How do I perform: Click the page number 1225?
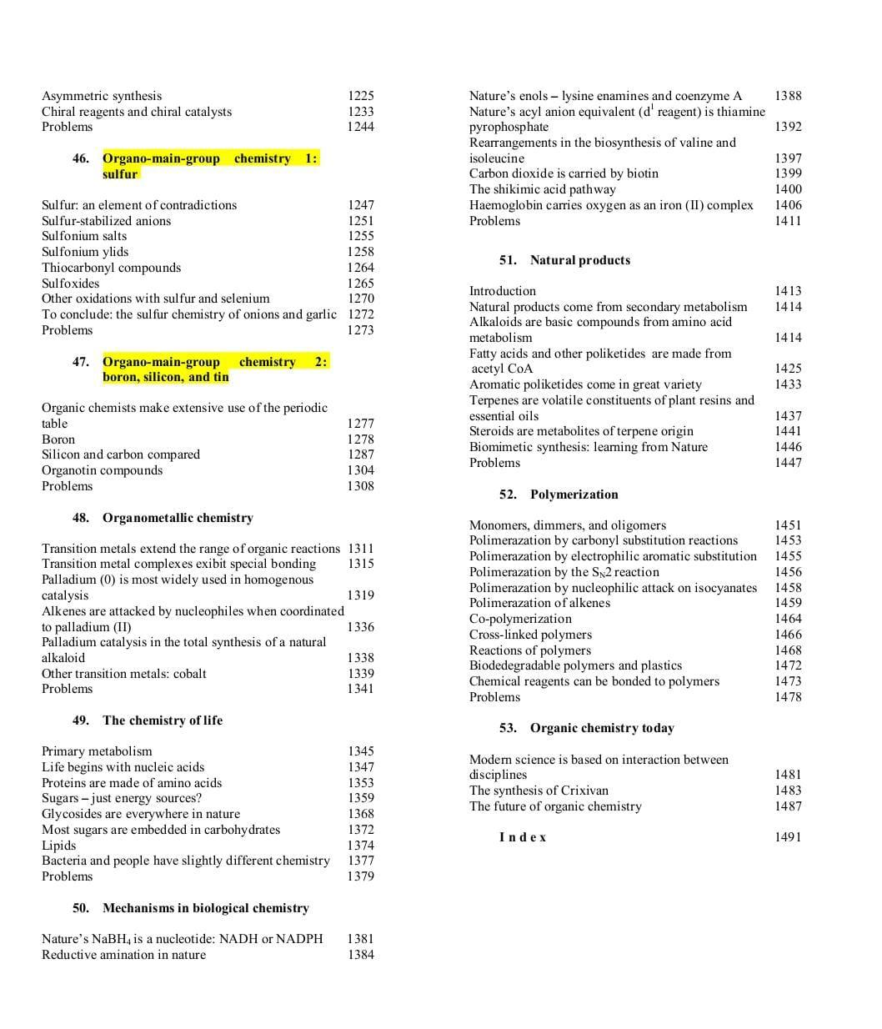point(360,96)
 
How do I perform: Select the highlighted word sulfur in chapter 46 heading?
point(120,174)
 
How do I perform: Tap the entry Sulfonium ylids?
point(85,252)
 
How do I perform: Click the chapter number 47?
point(81,362)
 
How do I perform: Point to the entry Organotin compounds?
point(102,470)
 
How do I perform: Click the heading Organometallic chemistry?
point(178,518)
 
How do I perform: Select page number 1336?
point(360,627)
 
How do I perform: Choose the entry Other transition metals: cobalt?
point(123,674)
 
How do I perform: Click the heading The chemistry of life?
point(163,720)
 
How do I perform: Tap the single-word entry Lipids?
point(58,846)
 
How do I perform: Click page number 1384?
point(360,955)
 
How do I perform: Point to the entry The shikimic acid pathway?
point(542,189)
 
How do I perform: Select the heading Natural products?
point(579,260)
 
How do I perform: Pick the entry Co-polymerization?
point(520,619)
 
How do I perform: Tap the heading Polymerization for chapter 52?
point(574,494)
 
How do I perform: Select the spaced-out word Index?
point(523,837)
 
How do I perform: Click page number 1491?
point(788,837)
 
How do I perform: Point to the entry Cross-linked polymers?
point(530,635)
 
